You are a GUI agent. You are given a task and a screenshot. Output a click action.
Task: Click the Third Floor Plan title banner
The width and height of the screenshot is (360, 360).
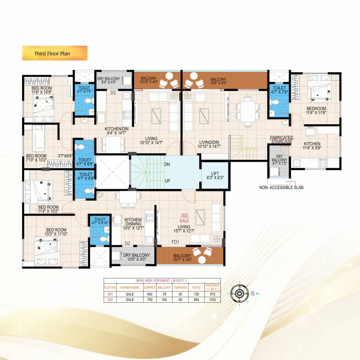pos(54,53)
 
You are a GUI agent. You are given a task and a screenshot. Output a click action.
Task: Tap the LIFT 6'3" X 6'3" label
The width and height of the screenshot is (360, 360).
pos(215,175)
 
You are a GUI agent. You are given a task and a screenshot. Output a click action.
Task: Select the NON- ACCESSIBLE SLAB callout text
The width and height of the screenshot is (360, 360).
pos(281,187)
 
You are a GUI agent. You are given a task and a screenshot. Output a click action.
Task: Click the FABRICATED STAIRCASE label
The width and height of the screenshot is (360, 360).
pos(281,139)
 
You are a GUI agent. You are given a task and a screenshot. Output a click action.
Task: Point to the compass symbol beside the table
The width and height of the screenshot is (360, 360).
pos(239,294)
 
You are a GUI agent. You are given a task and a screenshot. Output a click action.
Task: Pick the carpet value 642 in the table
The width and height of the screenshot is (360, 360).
pos(150,293)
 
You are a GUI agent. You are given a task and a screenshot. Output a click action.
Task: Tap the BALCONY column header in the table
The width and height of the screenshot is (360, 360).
pos(164,287)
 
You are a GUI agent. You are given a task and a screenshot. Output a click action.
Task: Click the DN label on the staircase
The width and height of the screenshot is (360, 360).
pos(167,165)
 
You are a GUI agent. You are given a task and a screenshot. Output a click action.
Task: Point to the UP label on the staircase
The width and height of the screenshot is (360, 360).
pos(167,180)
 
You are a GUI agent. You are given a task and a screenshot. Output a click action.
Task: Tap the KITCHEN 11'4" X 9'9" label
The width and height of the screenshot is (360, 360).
pos(312,146)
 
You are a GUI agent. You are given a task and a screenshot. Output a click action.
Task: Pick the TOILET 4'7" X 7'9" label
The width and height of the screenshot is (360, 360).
pos(279,90)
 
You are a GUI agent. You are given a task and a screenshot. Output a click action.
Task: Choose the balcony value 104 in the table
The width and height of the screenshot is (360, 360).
pos(164,299)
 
